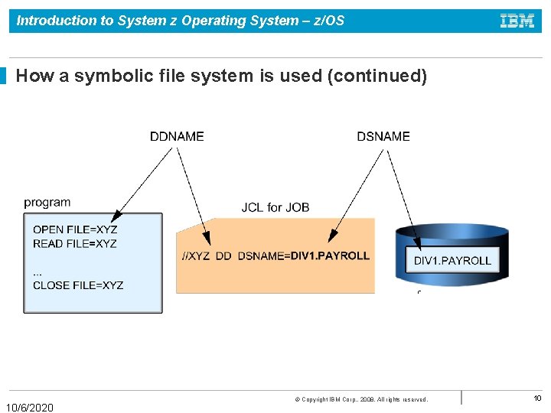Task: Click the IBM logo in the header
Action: [517, 21]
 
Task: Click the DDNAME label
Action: [177, 136]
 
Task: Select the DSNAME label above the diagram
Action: [383, 136]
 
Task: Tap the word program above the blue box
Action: [47, 203]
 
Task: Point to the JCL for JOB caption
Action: [275, 207]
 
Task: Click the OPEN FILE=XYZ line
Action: [75, 229]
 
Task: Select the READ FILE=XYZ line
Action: [75, 244]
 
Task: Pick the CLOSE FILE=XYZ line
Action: [78, 285]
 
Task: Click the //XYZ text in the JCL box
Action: [195, 256]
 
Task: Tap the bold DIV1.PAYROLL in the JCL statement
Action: [330, 255]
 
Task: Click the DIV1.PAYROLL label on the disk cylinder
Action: [452, 261]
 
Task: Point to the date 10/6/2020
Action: [30, 408]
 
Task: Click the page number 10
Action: [537, 398]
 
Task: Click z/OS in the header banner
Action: [328, 21]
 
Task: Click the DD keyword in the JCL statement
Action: [223, 256]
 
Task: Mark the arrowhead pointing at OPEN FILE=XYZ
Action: [115, 217]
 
